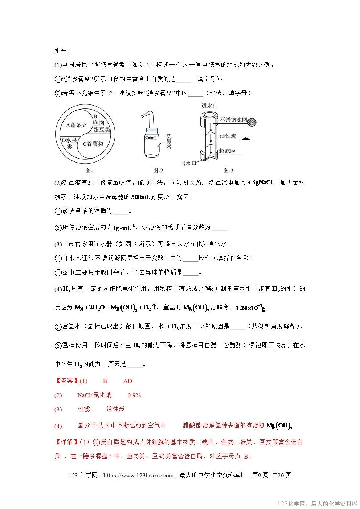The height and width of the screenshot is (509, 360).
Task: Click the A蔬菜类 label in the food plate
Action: (x=76, y=125)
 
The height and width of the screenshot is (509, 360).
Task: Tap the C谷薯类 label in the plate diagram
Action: (x=93, y=144)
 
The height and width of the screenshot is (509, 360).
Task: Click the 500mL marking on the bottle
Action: (x=151, y=138)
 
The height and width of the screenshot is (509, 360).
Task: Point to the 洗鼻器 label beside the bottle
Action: (x=168, y=141)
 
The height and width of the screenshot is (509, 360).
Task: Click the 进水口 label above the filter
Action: (x=210, y=106)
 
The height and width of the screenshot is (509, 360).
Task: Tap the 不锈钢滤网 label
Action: (x=233, y=119)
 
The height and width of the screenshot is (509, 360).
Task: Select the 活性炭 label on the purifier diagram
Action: (x=228, y=136)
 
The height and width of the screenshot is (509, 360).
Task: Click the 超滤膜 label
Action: (x=227, y=151)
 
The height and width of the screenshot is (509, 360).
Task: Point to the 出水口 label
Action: (x=188, y=163)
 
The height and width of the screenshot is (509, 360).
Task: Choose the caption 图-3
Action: (x=228, y=170)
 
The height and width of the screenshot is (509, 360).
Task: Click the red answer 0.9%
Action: (x=134, y=395)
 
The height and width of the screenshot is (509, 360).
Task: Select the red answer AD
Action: (x=128, y=381)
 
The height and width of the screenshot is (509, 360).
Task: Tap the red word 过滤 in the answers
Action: (x=84, y=409)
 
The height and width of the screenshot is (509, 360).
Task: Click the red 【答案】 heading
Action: (x=66, y=381)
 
